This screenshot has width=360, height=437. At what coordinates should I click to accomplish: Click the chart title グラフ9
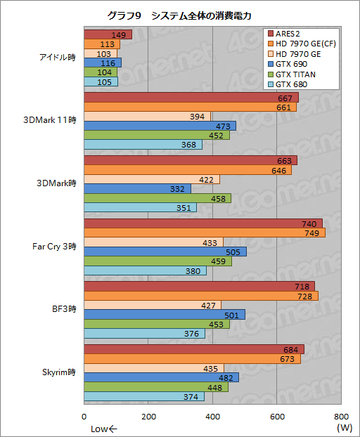(x=179, y=15)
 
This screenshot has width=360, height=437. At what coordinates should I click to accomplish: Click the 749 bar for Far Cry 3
(x=205, y=233)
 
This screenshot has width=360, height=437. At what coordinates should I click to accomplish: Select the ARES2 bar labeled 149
(x=108, y=34)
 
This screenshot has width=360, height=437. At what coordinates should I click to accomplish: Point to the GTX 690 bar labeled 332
(x=137, y=189)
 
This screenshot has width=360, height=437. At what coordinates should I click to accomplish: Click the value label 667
(x=285, y=98)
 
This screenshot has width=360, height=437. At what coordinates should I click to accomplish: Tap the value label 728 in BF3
(x=305, y=296)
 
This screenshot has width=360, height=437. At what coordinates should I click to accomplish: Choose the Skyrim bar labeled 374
(x=144, y=396)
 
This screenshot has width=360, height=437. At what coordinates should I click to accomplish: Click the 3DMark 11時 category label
(x=51, y=119)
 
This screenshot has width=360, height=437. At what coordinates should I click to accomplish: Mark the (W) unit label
(x=344, y=427)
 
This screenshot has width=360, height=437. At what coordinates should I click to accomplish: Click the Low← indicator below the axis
(x=104, y=428)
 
